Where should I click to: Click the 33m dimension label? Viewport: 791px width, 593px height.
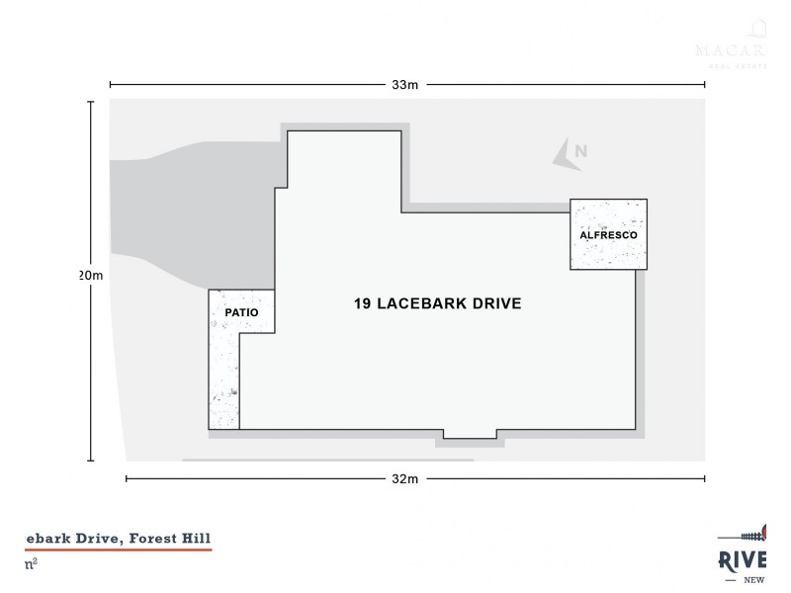[405, 85]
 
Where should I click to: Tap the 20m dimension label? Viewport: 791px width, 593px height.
[91, 276]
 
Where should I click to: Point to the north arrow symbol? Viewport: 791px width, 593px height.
[563, 153]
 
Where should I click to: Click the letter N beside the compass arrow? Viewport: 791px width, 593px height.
[581, 151]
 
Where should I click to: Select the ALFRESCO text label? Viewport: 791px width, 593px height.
[608, 236]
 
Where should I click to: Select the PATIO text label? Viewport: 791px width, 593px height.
[241, 312]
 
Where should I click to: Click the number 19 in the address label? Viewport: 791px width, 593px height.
[363, 303]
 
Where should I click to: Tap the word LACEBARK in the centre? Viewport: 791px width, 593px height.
[419, 303]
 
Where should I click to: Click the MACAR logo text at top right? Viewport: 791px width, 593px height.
[732, 49]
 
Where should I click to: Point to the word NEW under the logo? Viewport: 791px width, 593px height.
[756, 580]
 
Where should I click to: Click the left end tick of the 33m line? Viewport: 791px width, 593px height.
[110, 85]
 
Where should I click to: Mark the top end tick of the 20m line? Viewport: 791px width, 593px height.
[91, 101]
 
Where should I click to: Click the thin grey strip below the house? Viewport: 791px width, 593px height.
[326, 460]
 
